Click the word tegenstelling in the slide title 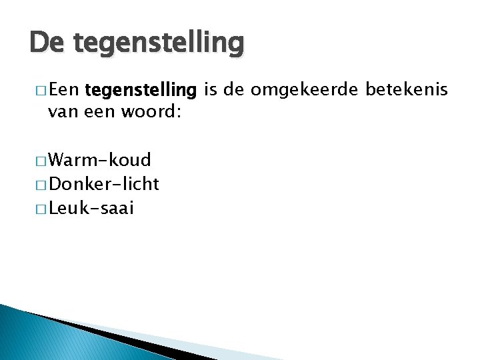click(159, 45)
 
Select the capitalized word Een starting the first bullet click(65, 90)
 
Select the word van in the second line click(61, 112)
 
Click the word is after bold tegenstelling click(210, 90)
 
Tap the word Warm click(73, 160)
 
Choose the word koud click(132, 160)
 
